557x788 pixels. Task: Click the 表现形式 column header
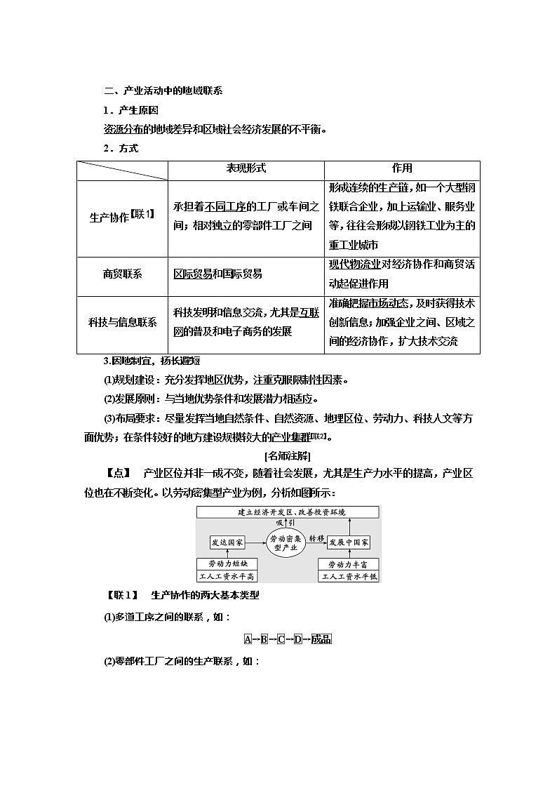click(x=246, y=169)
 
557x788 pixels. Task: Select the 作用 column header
click(x=402, y=169)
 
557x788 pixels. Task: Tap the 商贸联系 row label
click(x=122, y=274)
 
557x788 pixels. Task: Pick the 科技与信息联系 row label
click(x=122, y=323)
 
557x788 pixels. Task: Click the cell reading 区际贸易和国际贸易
click(x=217, y=274)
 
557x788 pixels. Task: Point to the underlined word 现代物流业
click(x=354, y=265)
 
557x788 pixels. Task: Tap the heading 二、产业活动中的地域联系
click(x=163, y=91)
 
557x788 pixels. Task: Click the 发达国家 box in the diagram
click(x=227, y=542)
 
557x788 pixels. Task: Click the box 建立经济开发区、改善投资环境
click(x=288, y=512)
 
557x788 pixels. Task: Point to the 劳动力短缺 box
click(x=227, y=563)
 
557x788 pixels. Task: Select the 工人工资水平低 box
click(x=349, y=576)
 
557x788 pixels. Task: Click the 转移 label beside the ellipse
click(x=317, y=538)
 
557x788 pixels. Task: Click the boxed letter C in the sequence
click(x=281, y=639)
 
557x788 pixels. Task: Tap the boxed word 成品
click(x=321, y=639)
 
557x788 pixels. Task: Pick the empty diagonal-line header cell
click(x=122, y=170)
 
